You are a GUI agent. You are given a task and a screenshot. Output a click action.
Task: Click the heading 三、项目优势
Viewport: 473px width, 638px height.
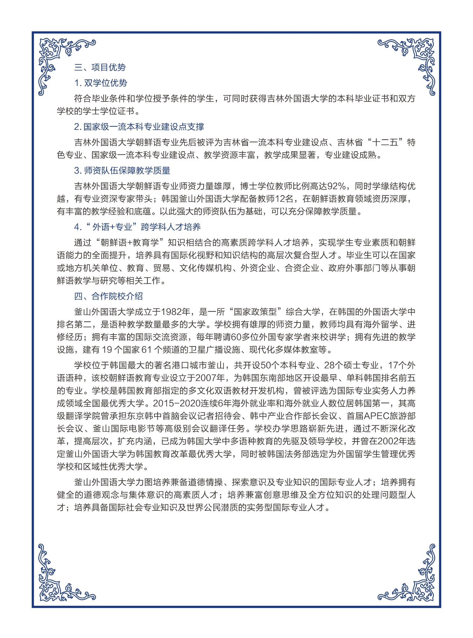point(100,67)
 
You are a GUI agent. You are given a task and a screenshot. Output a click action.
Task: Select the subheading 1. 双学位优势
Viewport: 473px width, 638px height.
point(101,83)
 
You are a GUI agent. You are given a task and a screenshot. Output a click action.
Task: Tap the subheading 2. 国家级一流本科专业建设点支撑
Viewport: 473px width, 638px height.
point(139,127)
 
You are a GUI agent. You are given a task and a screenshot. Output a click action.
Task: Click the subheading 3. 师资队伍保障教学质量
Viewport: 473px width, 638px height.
point(122,171)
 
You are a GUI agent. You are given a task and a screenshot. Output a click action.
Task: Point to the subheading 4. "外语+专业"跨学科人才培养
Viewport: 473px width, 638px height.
point(137,227)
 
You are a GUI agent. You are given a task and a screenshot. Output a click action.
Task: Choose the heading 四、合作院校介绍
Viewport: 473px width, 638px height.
point(108,296)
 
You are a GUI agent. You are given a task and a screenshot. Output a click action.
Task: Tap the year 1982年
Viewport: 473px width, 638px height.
point(176,312)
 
